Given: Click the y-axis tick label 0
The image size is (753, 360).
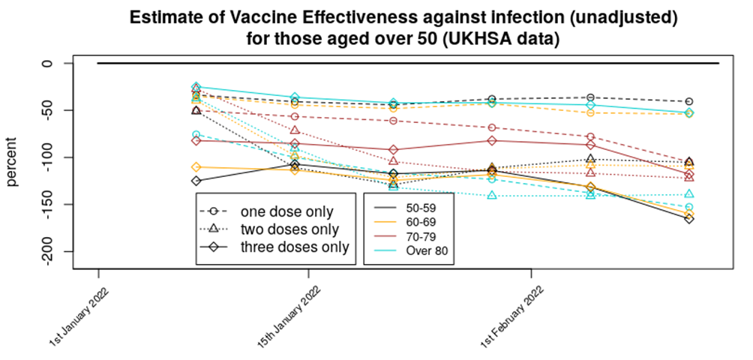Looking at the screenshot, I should pos(49,64).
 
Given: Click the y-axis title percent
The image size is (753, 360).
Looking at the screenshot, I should pos(13,157).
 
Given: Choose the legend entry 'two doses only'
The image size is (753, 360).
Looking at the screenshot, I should pos(289,229).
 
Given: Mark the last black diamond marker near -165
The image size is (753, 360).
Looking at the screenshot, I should pos(688,219).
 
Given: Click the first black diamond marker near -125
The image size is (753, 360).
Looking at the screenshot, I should pos(196,181).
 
